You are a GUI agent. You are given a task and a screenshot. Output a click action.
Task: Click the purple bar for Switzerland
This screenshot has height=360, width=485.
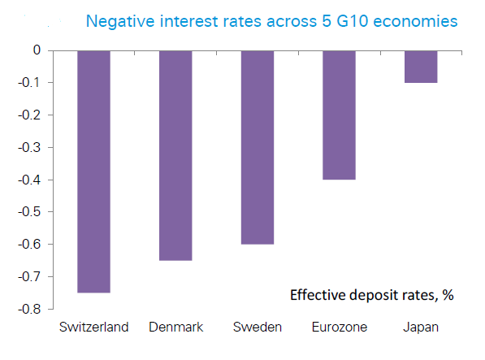pos(93,171)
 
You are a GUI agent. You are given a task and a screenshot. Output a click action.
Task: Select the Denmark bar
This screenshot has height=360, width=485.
pos(175,155)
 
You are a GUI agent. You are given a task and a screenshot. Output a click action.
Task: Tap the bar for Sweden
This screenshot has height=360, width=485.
pos(258,148)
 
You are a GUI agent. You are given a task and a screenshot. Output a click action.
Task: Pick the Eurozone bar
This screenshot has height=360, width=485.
pos(339,115)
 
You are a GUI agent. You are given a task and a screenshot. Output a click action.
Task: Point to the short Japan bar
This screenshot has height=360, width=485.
pos(421,67)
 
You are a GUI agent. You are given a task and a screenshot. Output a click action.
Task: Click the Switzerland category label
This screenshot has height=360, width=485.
pos(93,327)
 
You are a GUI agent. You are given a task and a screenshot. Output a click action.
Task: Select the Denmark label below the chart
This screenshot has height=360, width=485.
pos(176,327)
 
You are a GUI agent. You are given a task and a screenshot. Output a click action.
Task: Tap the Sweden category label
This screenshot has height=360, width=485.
pos(258,327)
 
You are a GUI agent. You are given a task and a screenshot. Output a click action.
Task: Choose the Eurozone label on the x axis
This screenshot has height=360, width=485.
pos(340,327)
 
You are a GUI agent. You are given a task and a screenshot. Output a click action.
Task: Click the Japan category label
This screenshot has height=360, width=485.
pos(421,327)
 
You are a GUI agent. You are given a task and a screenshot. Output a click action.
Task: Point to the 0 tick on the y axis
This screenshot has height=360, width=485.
pos(37,50)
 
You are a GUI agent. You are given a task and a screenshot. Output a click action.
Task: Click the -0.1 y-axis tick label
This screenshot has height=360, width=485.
pos(29,83)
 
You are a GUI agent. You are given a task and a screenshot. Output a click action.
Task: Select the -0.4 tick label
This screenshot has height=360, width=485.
pos(29,180)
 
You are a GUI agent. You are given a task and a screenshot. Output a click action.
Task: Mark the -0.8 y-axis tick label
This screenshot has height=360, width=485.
pos(29,309)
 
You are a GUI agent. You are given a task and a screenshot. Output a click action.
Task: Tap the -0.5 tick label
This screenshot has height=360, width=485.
pos(29,212)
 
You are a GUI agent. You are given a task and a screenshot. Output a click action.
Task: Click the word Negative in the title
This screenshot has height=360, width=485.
pos(120,22)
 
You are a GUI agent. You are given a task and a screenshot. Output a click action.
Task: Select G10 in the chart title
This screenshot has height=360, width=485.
pos(353,21)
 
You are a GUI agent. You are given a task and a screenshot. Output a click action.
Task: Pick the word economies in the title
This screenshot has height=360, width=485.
pos(415,22)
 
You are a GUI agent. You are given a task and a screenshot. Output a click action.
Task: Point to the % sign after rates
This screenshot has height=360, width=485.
pos(448,295)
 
